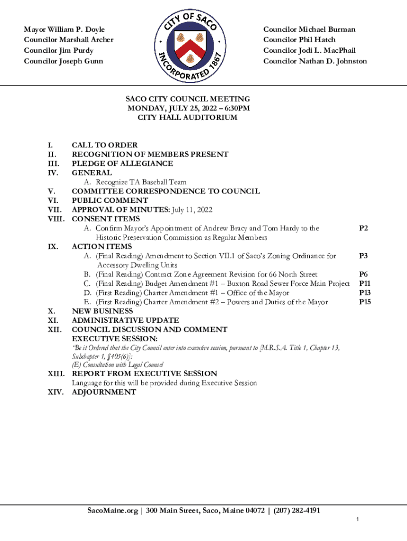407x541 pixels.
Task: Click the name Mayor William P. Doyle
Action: click(64, 29)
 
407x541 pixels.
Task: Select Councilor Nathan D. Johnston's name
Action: click(315, 61)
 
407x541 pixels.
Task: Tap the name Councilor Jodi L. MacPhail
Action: click(309, 51)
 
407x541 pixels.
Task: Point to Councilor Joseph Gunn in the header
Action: click(63, 61)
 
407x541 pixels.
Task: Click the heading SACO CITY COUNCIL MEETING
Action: click(188, 99)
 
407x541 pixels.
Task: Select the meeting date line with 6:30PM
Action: click(188, 108)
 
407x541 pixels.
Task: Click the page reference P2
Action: click(363, 228)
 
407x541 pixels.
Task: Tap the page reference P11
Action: click(364, 284)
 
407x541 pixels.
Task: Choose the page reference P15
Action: click(364, 302)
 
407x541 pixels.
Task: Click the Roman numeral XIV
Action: click(55, 392)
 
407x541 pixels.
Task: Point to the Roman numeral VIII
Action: click(56, 219)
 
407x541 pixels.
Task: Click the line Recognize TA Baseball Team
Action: click(141, 182)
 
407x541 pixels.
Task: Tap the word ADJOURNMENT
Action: click(104, 392)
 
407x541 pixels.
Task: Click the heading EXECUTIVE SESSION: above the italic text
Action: click(115, 338)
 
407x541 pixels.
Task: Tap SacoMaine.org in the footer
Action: click(113, 511)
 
